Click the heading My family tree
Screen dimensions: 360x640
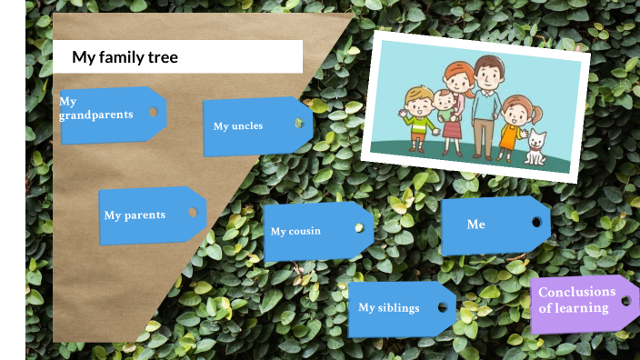coord(125,57)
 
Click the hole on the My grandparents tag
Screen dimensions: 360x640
coord(153,112)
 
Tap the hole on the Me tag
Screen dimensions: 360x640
coord(536,222)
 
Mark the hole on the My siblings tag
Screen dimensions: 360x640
coord(443,306)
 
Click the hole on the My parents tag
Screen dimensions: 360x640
coord(192,212)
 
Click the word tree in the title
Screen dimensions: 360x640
coord(160,57)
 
